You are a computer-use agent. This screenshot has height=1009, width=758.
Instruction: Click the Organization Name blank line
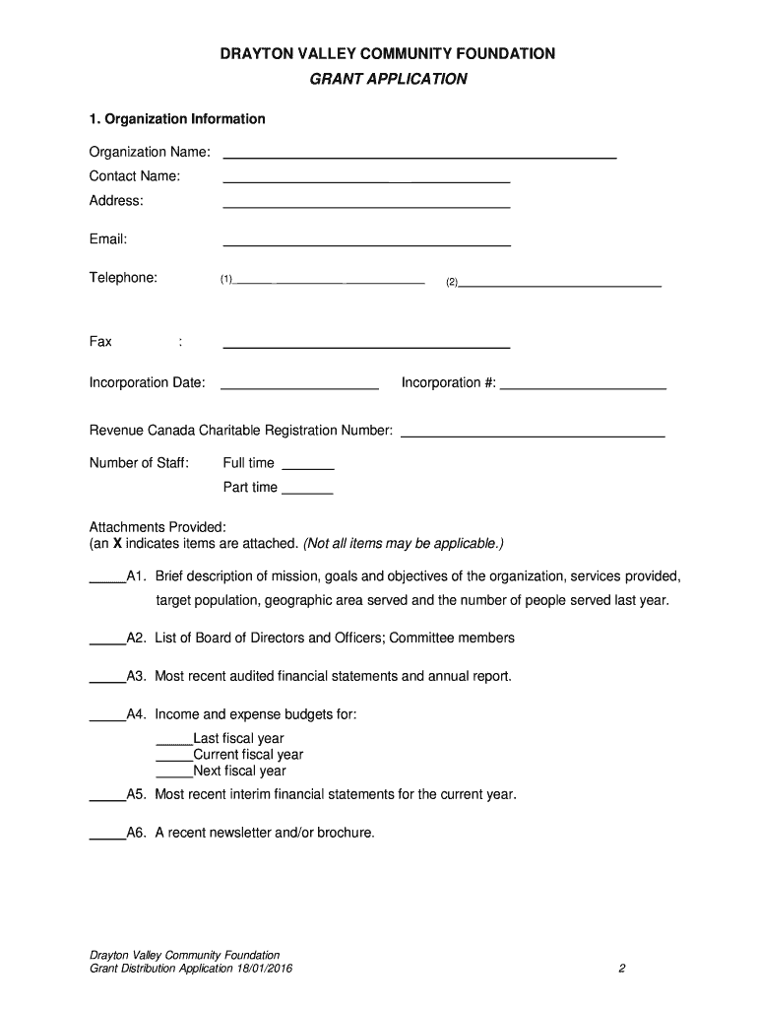tap(419, 155)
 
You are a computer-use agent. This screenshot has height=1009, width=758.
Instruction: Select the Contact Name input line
tap(366, 179)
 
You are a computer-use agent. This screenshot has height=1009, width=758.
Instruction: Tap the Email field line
tap(366, 242)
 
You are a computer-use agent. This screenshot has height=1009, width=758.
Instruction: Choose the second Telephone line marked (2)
tap(560, 283)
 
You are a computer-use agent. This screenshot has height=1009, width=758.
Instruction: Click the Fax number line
tap(366, 345)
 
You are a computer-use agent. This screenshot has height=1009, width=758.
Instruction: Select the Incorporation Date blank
tap(299, 386)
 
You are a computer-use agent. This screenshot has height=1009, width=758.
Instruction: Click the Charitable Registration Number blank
tap(532, 434)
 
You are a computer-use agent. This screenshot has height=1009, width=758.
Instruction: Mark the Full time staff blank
tap(308, 467)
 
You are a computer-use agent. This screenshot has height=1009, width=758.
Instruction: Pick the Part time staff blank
tap(307, 491)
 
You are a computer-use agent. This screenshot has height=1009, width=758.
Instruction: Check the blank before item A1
tap(107, 580)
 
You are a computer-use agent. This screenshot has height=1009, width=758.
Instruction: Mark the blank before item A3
tap(107, 680)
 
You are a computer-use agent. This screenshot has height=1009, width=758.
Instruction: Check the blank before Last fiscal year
tap(174, 742)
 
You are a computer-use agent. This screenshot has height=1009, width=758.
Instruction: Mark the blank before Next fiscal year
tap(174, 774)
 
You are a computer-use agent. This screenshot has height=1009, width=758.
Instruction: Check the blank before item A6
tap(107, 837)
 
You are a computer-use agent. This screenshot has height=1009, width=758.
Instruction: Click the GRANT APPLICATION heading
tap(388, 79)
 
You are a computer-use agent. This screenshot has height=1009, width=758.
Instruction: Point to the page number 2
tap(622, 969)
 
